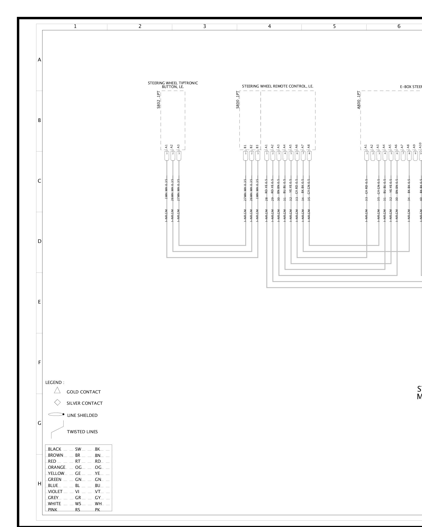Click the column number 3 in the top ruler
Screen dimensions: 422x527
coord(204,26)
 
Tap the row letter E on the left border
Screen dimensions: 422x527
coord(39,302)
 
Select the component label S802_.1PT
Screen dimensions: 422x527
coord(159,100)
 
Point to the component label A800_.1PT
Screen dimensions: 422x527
coord(359,100)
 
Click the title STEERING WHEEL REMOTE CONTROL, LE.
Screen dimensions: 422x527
coord(277,86)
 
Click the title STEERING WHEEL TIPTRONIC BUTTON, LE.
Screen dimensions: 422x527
coord(173,85)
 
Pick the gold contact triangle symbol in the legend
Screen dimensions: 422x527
coord(57,390)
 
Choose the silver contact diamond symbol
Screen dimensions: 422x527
coord(57,403)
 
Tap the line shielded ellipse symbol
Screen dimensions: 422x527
coord(56,414)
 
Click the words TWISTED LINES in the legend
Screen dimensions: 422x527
coord(82,432)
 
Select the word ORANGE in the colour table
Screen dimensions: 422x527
coord(56,467)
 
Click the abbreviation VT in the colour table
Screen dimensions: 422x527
coord(98,491)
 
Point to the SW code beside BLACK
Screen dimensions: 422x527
coord(78,449)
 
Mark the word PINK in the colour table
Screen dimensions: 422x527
coord(52,510)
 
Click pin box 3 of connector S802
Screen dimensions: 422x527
coord(179,153)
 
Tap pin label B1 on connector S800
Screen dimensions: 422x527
coord(245,147)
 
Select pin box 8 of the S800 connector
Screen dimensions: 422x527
coord(309,153)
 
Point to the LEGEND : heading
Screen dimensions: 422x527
coord(55,382)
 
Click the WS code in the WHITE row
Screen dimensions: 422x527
coord(78,504)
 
